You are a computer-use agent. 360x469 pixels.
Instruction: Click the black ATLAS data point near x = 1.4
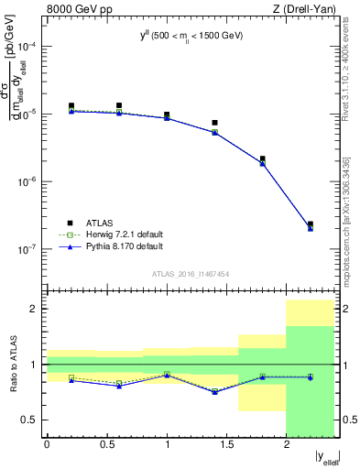click(x=214, y=123)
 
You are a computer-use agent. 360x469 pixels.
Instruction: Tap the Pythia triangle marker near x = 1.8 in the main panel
click(x=263, y=164)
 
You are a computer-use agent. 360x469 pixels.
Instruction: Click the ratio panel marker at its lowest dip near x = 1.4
click(x=214, y=392)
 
